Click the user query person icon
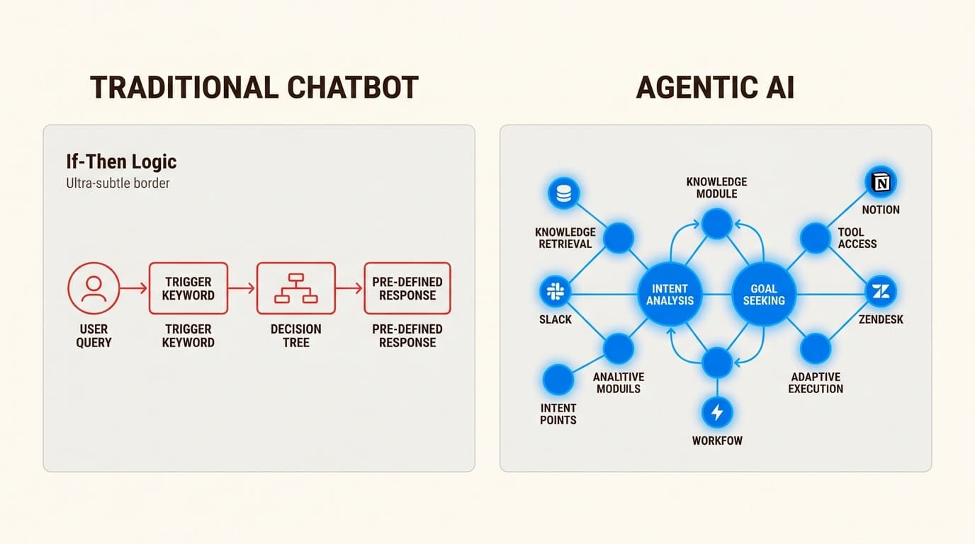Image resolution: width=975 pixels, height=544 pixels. pyautogui.click(x=94, y=288)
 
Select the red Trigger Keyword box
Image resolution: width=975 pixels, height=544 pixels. pyautogui.click(x=188, y=288)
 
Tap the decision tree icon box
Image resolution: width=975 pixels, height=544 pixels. pyautogui.click(x=295, y=288)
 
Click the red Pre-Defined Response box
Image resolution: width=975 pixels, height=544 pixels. pyautogui.click(x=407, y=288)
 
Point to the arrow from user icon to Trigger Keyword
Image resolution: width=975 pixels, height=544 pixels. pyautogui.click(x=134, y=288)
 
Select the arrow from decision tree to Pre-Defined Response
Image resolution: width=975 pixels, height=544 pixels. pyautogui.click(x=349, y=288)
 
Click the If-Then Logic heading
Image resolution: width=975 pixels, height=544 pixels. pyautogui.click(x=121, y=161)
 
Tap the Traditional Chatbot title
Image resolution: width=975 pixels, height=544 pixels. pyautogui.click(x=254, y=87)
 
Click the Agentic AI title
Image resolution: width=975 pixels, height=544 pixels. pyautogui.click(x=715, y=87)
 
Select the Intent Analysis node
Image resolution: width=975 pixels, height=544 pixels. pyautogui.click(x=670, y=294)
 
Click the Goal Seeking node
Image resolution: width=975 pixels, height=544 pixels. pyautogui.click(x=764, y=294)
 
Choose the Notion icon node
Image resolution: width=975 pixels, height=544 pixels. pyautogui.click(x=881, y=182)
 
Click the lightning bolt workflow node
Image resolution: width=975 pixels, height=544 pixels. pyautogui.click(x=716, y=412)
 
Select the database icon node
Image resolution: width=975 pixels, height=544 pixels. pyautogui.click(x=564, y=193)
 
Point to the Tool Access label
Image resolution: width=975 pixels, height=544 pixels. pyautogui.click(x=857, y=238)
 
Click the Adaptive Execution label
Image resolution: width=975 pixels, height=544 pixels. pyautogui.click(x=816, y=382)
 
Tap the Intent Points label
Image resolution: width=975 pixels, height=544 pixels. pyautogui.click(x=558, y=414)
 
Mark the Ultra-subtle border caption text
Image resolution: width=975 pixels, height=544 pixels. pyautogui.click(x=118, y=183)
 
